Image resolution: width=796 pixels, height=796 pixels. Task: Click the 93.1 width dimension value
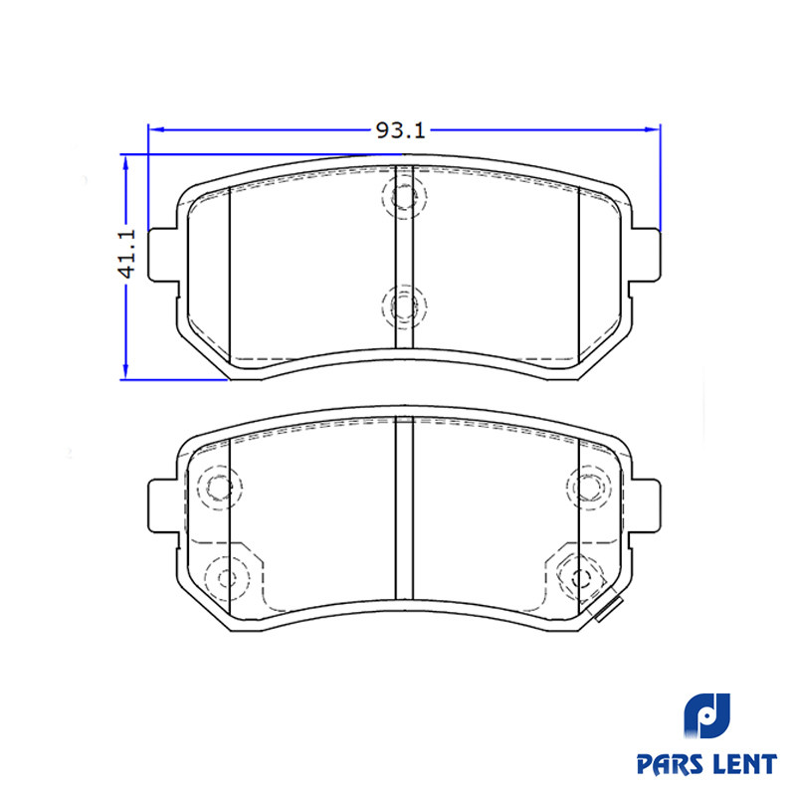click(400, 131)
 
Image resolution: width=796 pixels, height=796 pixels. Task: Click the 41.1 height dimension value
click(127, 254)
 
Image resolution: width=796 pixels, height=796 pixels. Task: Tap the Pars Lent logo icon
click(707, 715)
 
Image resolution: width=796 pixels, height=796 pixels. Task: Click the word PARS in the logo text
click(667, 763)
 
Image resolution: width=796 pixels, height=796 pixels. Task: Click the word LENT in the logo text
click(743, 763)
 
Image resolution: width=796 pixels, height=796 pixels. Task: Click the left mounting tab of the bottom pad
click(163, 505)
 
